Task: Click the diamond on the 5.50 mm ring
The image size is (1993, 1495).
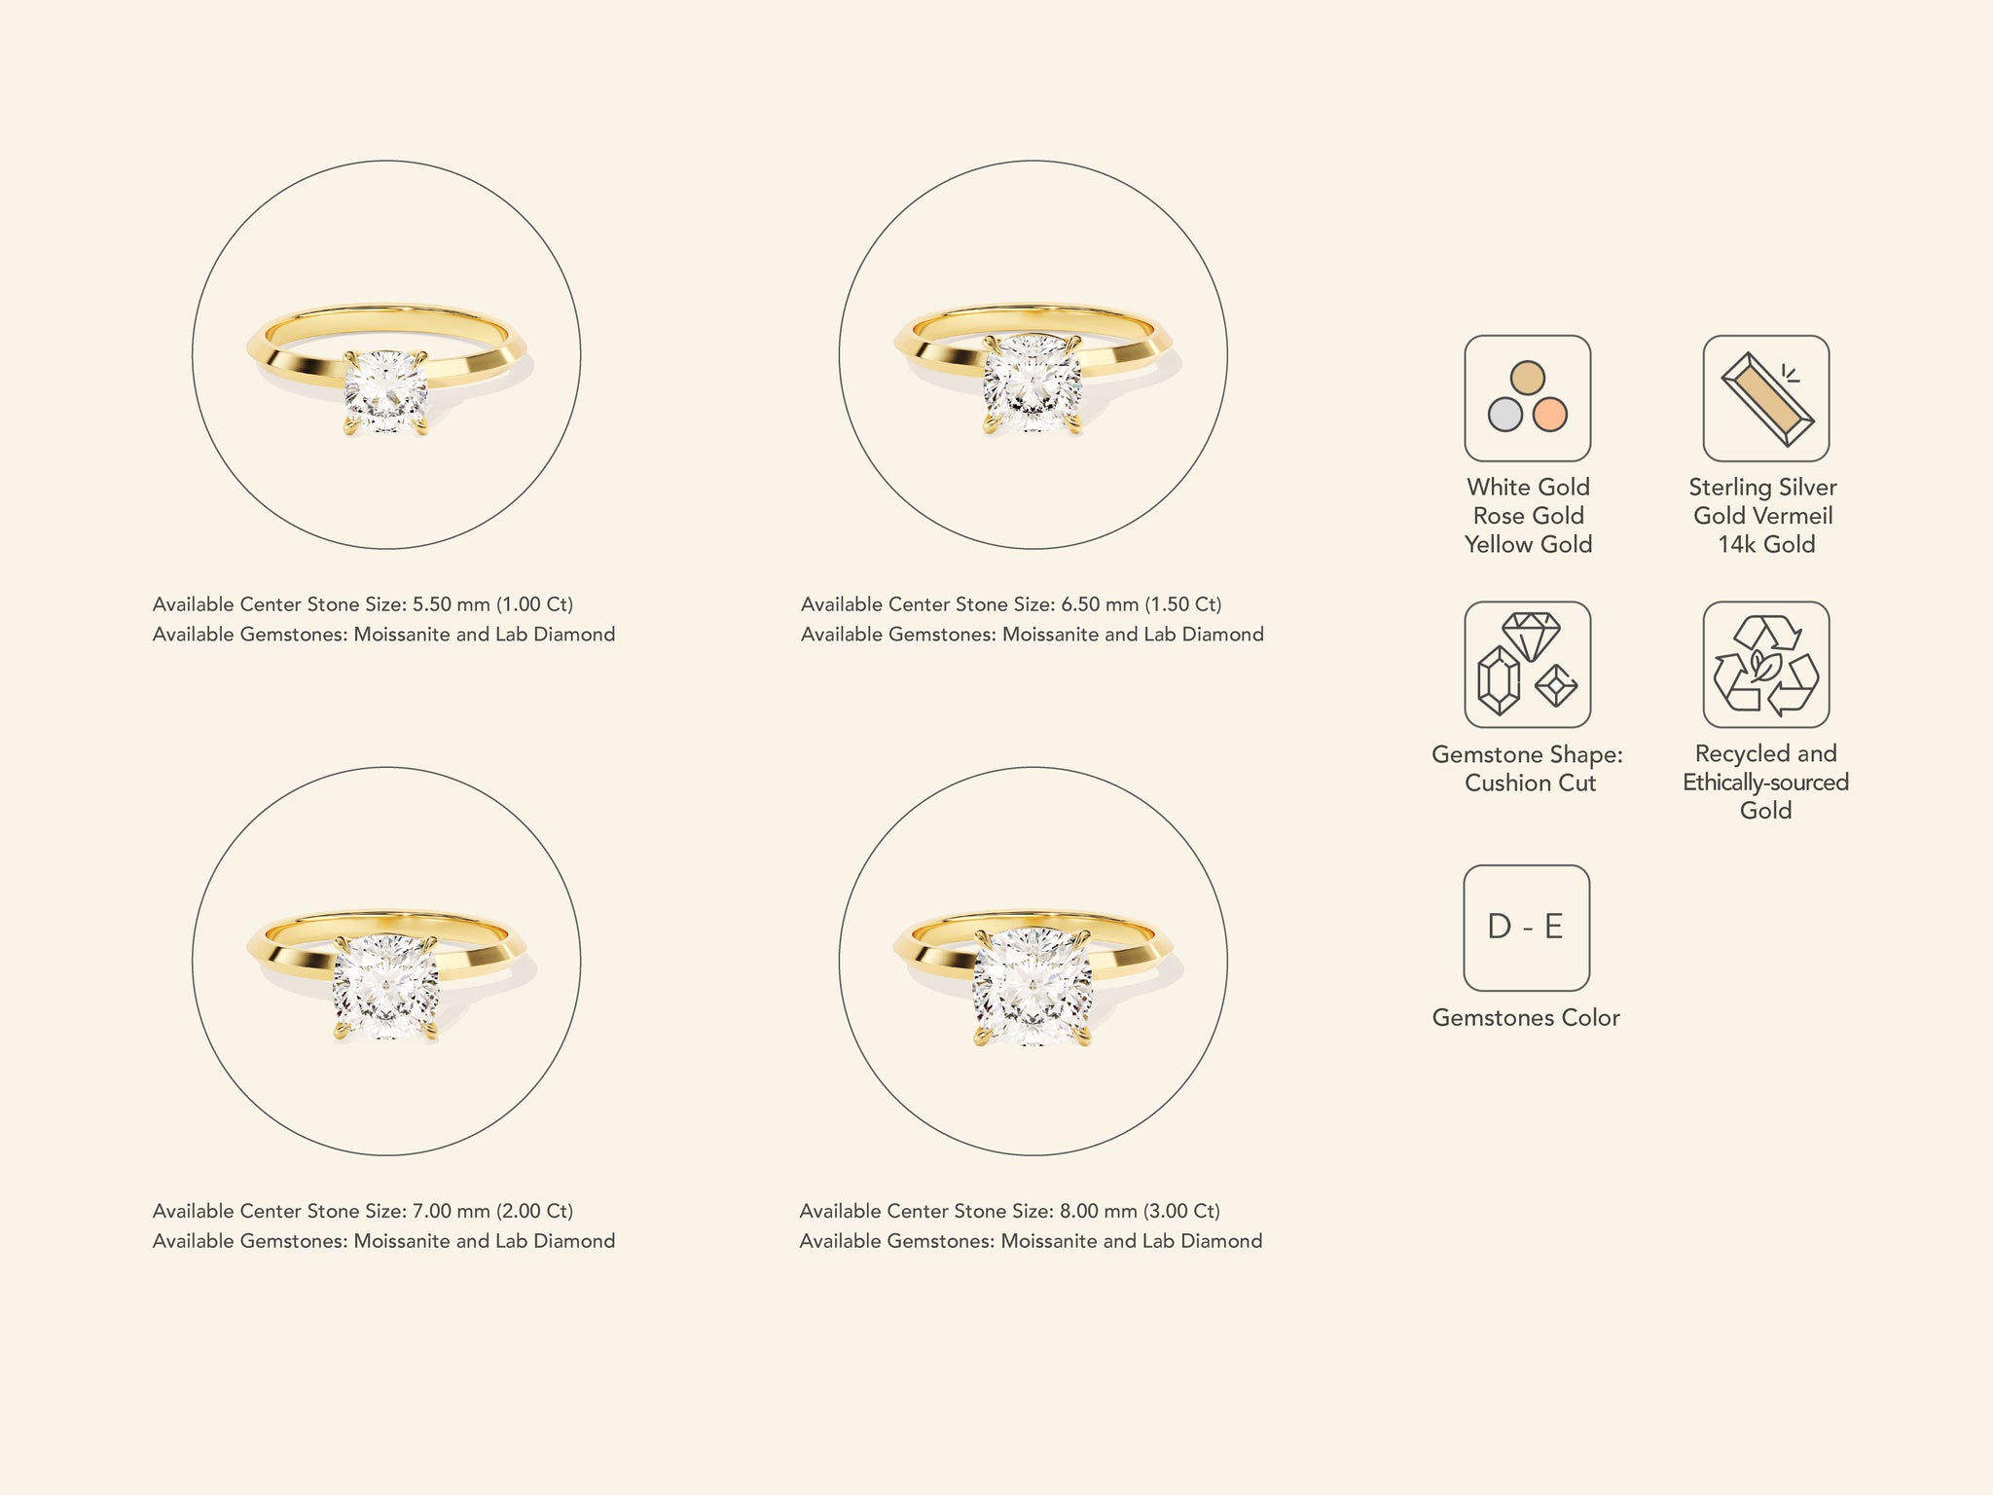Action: point(386,392)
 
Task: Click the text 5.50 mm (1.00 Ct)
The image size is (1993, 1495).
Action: point(492,604)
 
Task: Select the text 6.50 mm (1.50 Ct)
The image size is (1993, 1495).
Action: point(1141,604)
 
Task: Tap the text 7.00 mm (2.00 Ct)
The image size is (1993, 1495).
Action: point(492,1211)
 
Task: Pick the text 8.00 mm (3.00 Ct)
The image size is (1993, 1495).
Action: point(1140,1211)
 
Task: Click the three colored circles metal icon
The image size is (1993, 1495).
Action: point(1528,398)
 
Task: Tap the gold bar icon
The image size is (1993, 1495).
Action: point(1766,398)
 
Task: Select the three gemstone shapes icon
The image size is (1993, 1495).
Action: point(1528,665)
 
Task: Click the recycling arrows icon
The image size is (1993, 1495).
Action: point(1766,665)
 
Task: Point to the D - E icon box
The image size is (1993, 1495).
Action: point(1527,928)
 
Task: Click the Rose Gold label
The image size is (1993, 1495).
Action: point(1528,516)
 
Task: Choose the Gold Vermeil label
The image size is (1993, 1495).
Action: point(1763,516)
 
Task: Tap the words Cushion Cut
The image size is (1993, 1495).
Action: point(1530,784)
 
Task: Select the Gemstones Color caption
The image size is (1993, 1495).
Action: point(1526,1018)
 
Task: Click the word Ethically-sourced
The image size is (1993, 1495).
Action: point(1766,783)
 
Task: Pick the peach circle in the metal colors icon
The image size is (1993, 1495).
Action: point(1550,415)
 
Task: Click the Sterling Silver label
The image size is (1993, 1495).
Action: point(1762,488)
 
